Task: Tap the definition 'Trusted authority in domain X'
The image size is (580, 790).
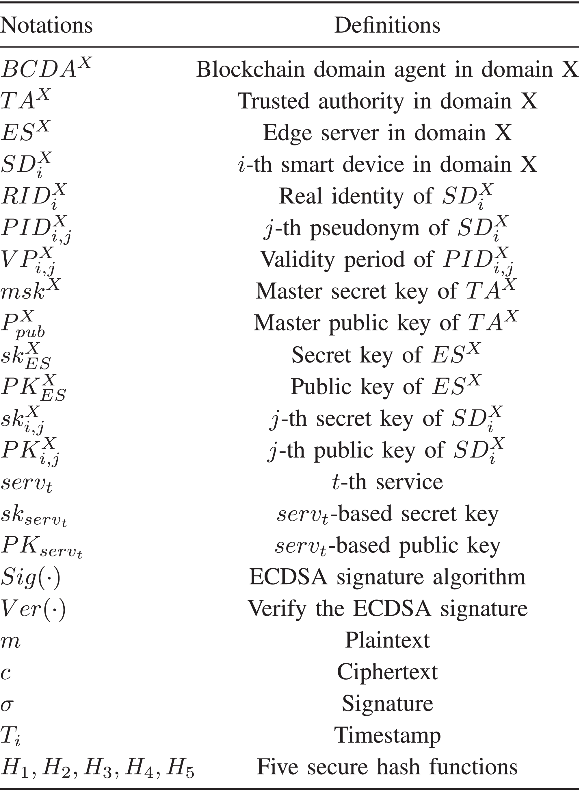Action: coord(387,101)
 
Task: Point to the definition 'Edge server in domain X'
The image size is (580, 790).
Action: coord(387,133)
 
